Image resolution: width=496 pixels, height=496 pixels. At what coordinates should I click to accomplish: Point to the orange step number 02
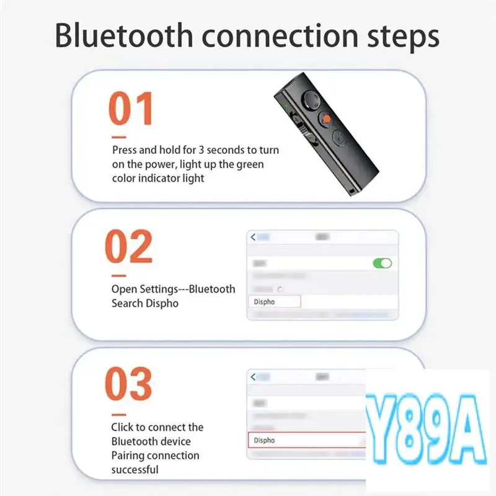pyautogui.click(x=129, y=247)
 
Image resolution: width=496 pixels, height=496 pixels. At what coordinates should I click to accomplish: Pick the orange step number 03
pyautogui.click(x=128, y=384)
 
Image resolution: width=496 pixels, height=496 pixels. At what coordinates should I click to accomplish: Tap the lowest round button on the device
pyautogui.click(x=339, y=137)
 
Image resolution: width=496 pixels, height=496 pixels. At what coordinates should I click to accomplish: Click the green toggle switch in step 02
pyautogui.click(x=382, y=263)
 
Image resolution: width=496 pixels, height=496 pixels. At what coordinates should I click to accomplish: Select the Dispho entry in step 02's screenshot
pyautogui.click(x=273, y=302)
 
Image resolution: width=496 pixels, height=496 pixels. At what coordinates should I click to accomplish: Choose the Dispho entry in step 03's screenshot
pyautogui.click(x=273, y=440)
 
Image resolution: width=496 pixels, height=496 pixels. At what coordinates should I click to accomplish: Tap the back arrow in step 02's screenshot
pyautogui.click(x=252, y=237)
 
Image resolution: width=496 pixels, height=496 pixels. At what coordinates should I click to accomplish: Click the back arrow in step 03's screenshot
pyautogui.click(x=252, y=376)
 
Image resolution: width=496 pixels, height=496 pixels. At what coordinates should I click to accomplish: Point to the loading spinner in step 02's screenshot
pyautogui.click(x=280, y=290)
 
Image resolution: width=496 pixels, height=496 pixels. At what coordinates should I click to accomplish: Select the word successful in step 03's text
pyautogui.click(x=135, y=470)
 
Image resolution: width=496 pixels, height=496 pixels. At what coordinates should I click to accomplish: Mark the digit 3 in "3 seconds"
pyautogui.click(x=202, y=150)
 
